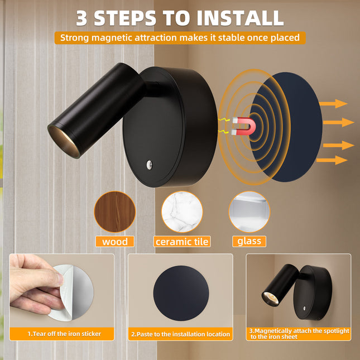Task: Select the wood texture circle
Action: [115, 212]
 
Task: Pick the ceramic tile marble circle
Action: [182, 212]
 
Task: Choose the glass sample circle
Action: [249, 212]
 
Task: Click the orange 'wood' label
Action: [115, 242]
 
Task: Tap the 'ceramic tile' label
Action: [182, 242]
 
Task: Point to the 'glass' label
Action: [248, 242]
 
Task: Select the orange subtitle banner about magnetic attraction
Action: [180, 38]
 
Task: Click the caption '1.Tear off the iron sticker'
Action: [64, 334]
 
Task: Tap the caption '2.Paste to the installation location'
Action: [180, 334]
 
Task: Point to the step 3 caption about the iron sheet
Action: [299, 334]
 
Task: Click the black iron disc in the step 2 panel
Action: [181, 293]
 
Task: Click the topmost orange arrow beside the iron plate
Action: [335, 103]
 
